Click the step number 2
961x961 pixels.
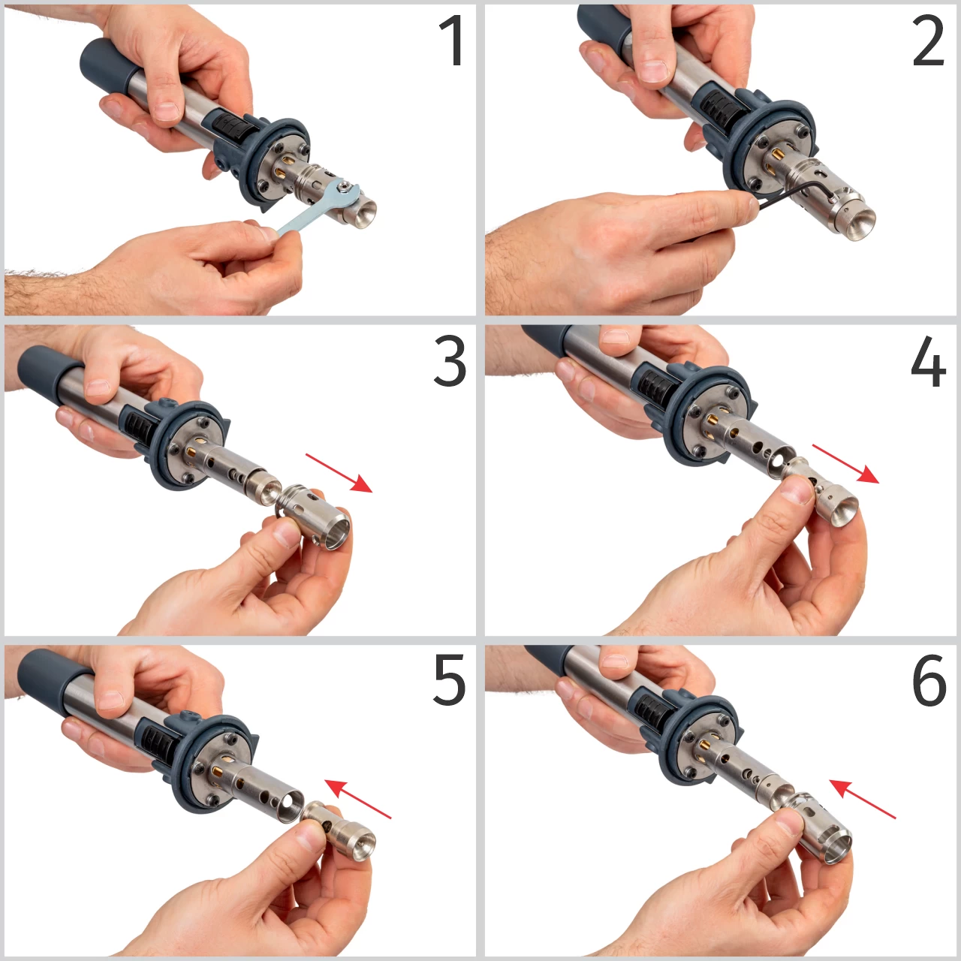tap(928, 41)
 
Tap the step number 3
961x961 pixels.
tap(450, 361)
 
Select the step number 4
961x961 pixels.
tap(928, 361)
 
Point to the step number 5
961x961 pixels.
tap(450, 680)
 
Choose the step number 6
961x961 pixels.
tap(929, 680)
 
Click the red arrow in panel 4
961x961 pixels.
tap(846, 463)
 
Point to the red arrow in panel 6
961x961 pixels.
tap(862, 800)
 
